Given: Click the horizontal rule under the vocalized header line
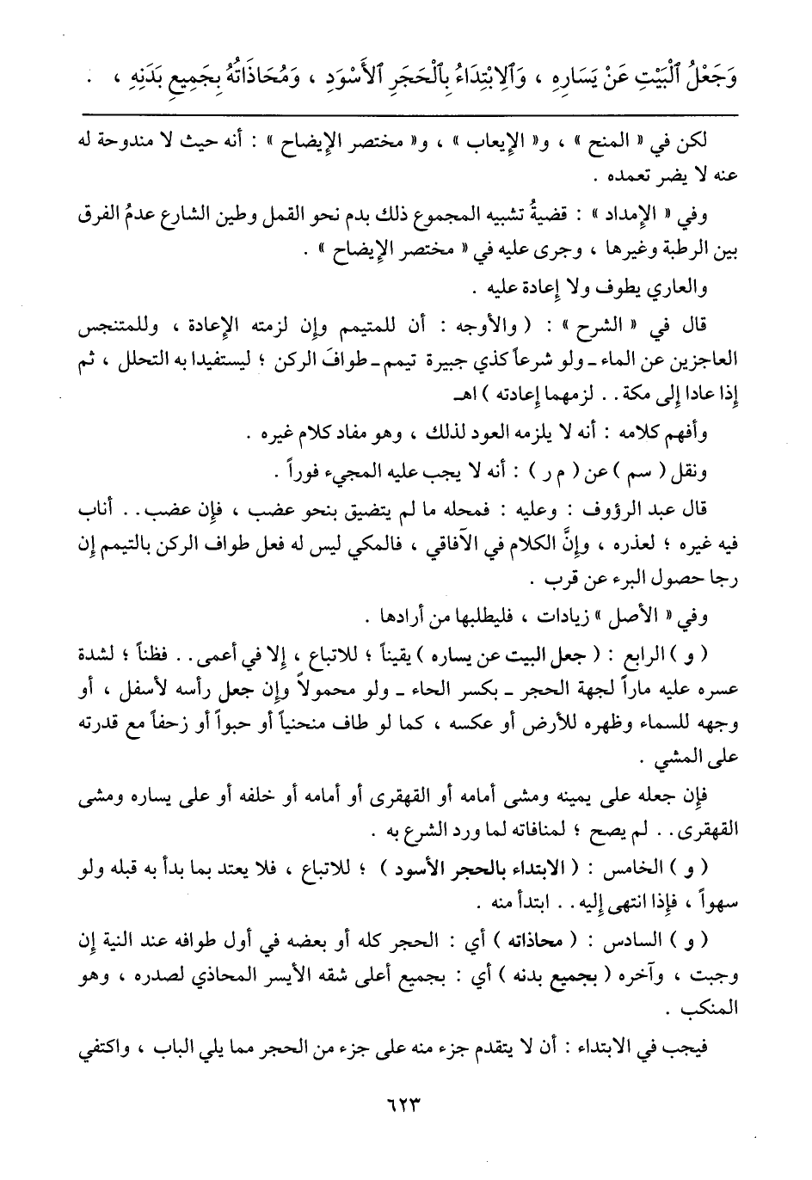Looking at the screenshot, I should coord(419,114).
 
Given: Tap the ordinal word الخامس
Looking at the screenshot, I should coord(635,870).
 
